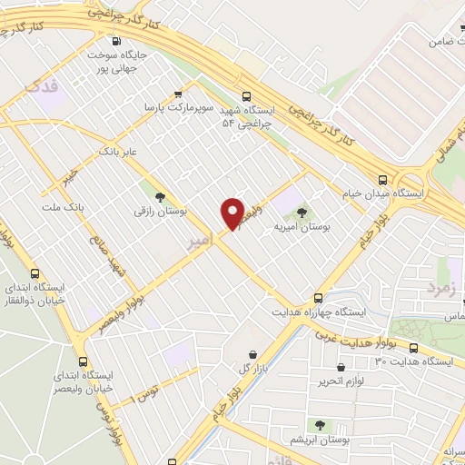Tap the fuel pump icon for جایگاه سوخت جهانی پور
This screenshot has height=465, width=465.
pos(114,41)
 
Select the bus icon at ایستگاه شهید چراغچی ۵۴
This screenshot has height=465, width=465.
pos(246,95)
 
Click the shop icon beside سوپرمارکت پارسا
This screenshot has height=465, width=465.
pos(178,93)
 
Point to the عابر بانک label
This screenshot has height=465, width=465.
pos(118,150)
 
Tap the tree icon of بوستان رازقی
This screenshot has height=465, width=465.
pos(161,195)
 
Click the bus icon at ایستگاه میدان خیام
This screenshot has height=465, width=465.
pos(382,180)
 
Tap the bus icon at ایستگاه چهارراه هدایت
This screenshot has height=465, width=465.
pos(317,297)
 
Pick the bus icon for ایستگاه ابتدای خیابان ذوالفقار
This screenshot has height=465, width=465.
pos(35,273)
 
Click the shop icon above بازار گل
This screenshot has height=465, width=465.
pos(252,353)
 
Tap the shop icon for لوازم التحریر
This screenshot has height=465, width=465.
pos(340,368)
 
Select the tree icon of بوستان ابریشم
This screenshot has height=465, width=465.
pos(319,424)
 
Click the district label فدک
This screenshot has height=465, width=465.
pos(42,86)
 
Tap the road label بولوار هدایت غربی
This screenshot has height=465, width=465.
pos(359,339)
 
